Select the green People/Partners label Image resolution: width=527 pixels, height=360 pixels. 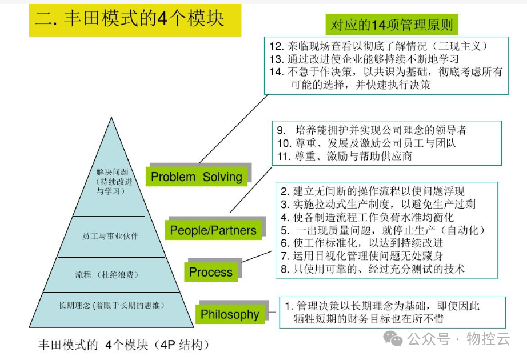click(213, 230)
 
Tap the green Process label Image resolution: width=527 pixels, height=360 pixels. click(211, 272)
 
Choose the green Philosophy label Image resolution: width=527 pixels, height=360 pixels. click(230, 314)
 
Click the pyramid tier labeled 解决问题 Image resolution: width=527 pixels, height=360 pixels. click(113, 181)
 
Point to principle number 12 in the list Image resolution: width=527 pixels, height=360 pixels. click(277, 46)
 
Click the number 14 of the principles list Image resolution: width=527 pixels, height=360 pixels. click(277, 71)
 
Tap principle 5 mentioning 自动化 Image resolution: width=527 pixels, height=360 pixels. click(383, 230)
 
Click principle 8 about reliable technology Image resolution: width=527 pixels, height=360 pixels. click(372, 268)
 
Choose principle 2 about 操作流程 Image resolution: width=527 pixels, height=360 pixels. click(372, 191)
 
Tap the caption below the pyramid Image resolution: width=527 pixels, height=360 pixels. click(124, 345)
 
